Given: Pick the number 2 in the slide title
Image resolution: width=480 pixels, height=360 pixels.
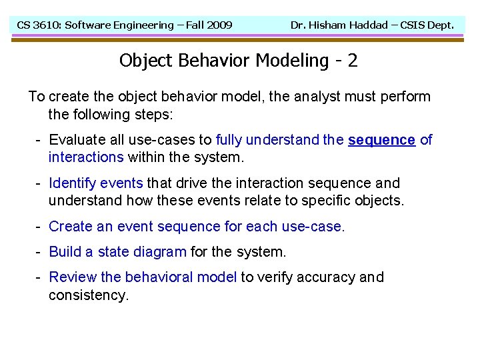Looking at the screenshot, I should tap(353, 61).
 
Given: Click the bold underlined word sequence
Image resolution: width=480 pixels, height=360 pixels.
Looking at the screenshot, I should tap(381, 140).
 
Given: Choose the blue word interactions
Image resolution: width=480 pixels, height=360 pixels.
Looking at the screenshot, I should tap(86, 157).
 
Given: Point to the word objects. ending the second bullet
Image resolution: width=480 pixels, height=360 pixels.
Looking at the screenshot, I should tap(379, 201).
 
